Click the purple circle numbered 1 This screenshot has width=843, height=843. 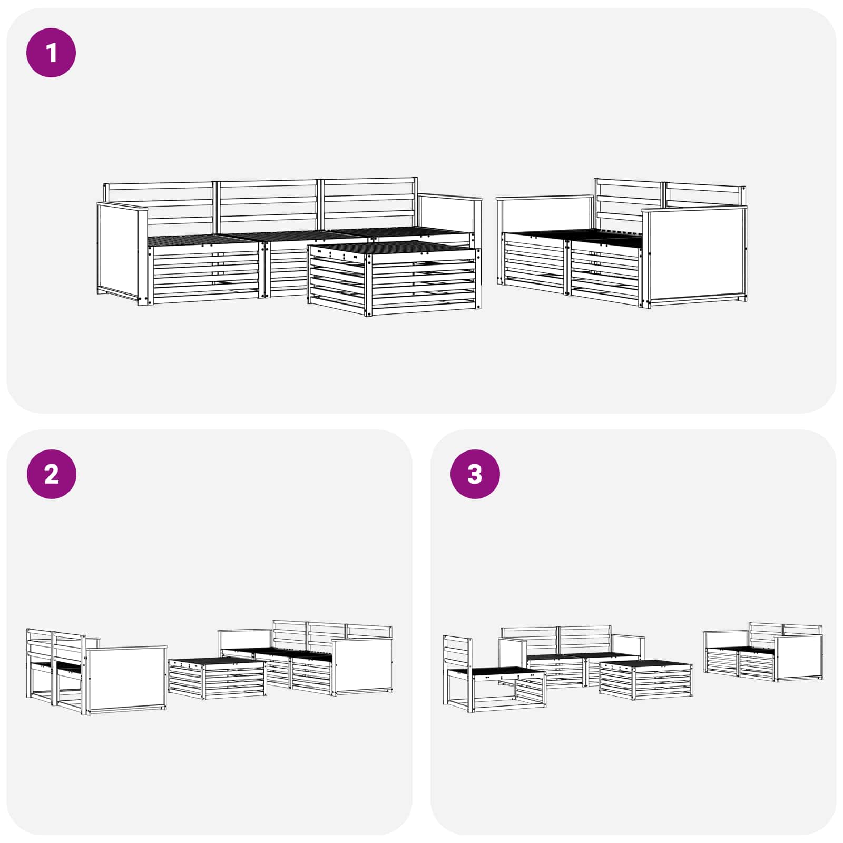(51, 53)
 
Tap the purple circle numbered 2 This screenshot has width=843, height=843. (51, 474)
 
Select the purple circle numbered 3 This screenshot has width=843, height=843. (475, 474)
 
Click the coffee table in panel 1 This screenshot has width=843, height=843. (394, 278)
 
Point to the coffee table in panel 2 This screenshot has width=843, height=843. (217, 678)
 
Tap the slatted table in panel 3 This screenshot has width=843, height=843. (646, 680)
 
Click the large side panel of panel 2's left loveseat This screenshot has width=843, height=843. (126, 680)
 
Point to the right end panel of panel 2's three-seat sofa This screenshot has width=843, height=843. (362, 665)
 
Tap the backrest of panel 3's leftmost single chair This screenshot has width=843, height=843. (456, 651)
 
